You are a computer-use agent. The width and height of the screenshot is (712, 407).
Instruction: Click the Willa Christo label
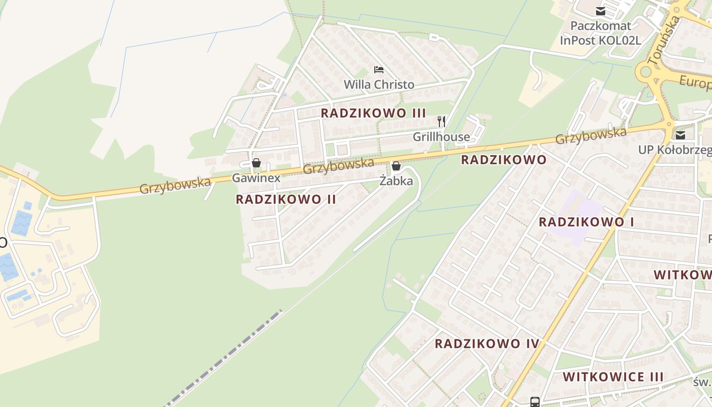tap(379, 84)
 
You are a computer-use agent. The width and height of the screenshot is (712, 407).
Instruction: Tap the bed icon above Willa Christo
tap(378, 69)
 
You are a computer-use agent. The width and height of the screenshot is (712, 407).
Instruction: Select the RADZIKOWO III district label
tap(373, 113)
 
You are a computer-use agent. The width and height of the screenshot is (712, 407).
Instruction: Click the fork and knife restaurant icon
tap(441, 122)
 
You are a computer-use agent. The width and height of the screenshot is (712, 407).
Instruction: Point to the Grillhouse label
tap(441, 137)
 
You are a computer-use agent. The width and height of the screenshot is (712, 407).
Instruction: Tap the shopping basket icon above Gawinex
tap(256, 163)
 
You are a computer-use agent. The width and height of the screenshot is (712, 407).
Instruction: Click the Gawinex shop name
tap(256, 178)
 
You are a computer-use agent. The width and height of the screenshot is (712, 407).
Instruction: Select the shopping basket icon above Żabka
tap(396, 166)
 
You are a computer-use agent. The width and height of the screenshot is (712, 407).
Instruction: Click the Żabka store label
tap(396, 181)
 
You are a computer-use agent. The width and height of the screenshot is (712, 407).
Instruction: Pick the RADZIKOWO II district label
tap(286, 199)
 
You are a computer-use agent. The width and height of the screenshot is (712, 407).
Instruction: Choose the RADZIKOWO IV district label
tap(487, 343)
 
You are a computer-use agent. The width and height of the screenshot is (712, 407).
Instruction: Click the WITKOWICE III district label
tap(613, 377)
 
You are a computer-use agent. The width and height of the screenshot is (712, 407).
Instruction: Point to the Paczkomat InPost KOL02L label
tap(600, 33)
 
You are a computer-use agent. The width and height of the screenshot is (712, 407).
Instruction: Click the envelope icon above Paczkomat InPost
tap(601, 11)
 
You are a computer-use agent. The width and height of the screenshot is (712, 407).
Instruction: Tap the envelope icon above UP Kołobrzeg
tap(680, 135)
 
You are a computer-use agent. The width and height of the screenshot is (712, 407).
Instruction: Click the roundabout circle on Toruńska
tap(646, 72)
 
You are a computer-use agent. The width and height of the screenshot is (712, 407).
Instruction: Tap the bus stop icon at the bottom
tap(535, 402)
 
